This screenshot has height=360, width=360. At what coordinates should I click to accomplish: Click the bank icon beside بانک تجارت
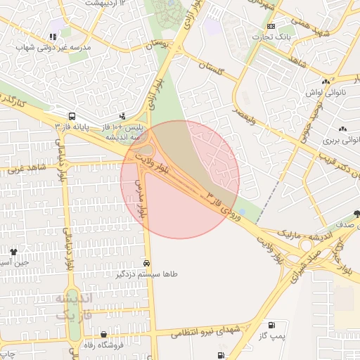tap(271, 26)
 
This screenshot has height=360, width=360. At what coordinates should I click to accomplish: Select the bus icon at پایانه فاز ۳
tap(72, 116)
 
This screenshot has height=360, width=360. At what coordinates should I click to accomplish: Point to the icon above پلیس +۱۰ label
tap(123, 115)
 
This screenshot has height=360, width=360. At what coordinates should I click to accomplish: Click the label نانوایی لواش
tap(324, 93)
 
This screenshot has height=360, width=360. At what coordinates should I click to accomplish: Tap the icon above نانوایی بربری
tap(342, 129)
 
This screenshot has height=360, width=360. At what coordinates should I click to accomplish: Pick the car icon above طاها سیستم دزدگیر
tap(146, 262)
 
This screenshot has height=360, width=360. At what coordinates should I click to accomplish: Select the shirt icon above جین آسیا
tap(13, 250)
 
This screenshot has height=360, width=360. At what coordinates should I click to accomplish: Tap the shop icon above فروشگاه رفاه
tap(104, 334)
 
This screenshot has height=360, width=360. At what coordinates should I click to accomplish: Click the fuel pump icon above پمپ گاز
tap(271, 326)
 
